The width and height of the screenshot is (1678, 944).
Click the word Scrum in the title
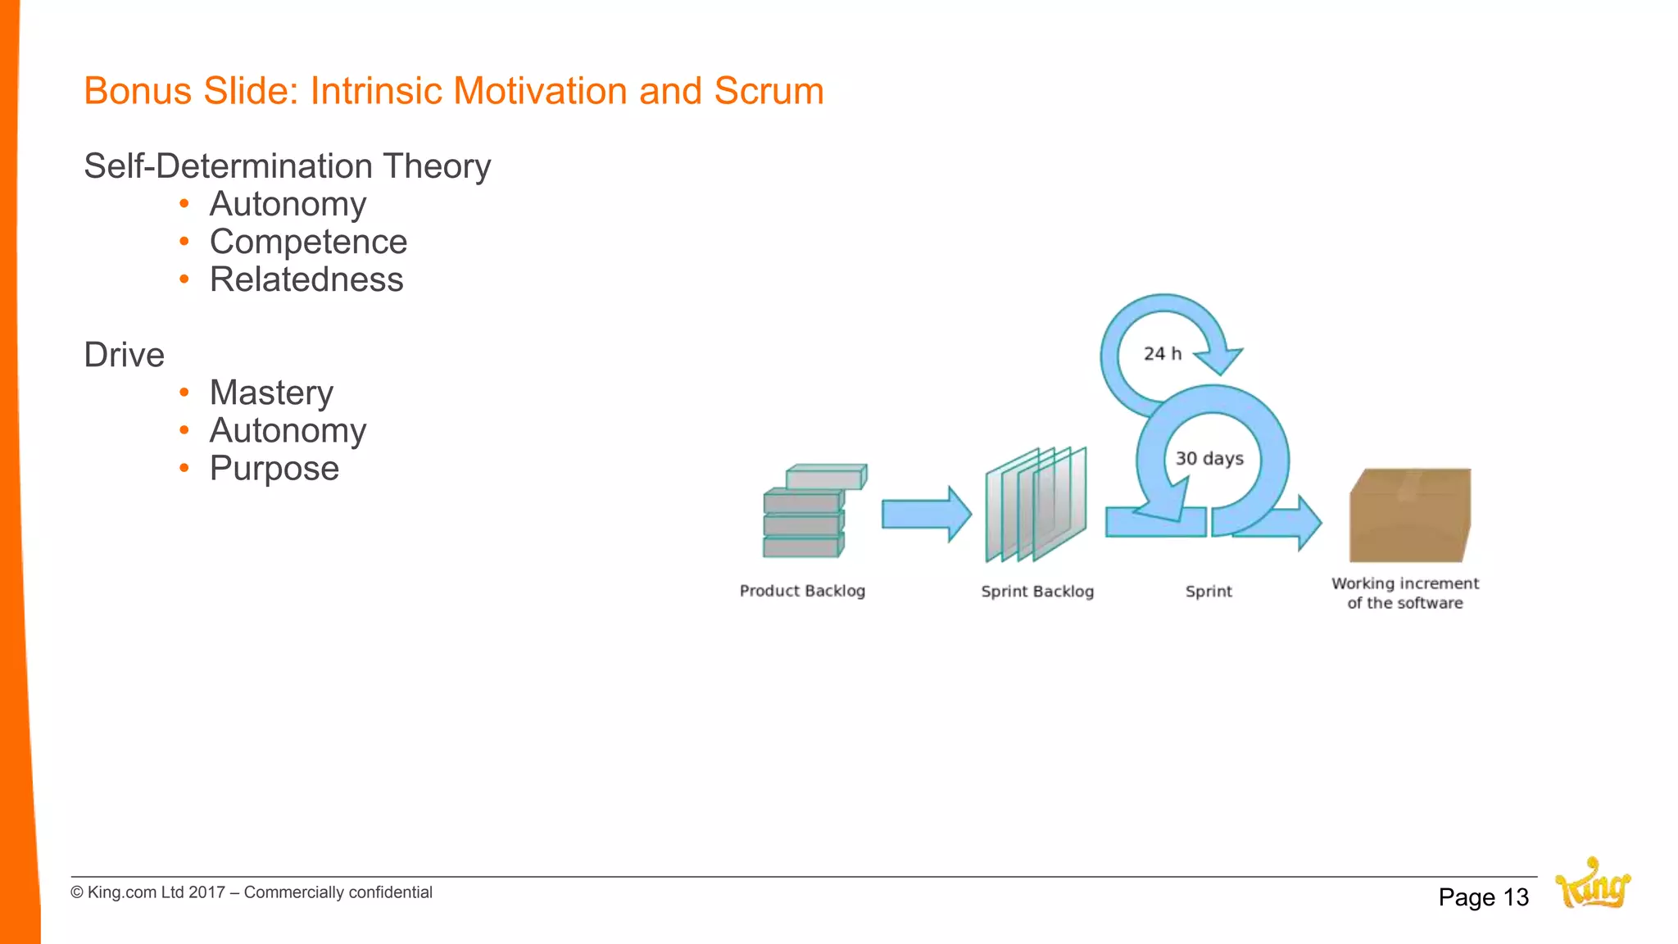pos(769,91)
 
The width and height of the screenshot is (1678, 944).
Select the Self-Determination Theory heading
pos(287,166)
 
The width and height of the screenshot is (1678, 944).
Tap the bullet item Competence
pos(308,242)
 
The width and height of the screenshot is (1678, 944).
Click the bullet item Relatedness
pos(306,279)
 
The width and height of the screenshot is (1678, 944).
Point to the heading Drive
pos(125,355)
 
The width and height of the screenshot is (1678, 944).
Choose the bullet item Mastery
pos(271,393)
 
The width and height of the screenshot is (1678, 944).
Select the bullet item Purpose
pos(274,468)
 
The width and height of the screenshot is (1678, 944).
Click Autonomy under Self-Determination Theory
pos(288,204)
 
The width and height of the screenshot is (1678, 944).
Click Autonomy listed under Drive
pos(288,430)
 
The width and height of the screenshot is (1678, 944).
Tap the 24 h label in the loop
pos(1162,353)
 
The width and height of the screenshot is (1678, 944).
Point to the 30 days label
pos(1209,458)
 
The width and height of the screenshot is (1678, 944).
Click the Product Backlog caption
pos(802,591)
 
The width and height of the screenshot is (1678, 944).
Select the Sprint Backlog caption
pos(1037,592)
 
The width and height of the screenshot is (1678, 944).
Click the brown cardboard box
pos(1409,516)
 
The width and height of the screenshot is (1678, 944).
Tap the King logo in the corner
pos(1593,885)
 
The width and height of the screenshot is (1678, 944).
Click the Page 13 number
pos(1483,897)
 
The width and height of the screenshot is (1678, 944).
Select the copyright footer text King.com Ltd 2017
pos(251,892)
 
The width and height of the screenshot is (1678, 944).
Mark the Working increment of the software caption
pos(1404,593)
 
